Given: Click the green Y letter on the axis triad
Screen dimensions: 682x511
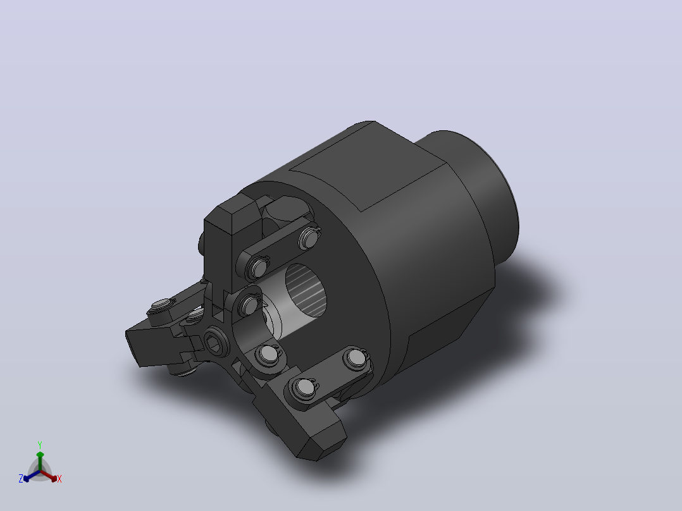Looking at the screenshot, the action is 40,445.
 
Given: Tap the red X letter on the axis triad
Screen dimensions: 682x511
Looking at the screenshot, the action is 59,479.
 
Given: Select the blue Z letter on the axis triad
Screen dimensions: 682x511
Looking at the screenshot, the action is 21,479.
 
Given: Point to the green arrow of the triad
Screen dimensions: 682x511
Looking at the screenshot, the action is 40,461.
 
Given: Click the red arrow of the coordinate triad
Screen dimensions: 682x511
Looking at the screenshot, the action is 49,476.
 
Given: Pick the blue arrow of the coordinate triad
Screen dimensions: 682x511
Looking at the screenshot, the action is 32,476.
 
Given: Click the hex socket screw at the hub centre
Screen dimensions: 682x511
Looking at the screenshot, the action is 215,342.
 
